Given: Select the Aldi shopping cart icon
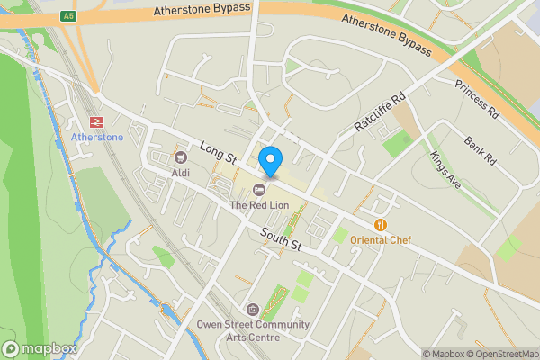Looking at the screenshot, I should [180, 157].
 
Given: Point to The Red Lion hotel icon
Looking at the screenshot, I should [259, 189].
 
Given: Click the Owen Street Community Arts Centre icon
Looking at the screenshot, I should [252, 309].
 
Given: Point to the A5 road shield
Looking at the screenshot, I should [68, 15].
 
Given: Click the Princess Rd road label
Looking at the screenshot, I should [476, 101].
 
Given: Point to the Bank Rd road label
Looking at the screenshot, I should [480, 150].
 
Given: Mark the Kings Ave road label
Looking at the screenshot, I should [444, 169].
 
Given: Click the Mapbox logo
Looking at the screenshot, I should [40, 348].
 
